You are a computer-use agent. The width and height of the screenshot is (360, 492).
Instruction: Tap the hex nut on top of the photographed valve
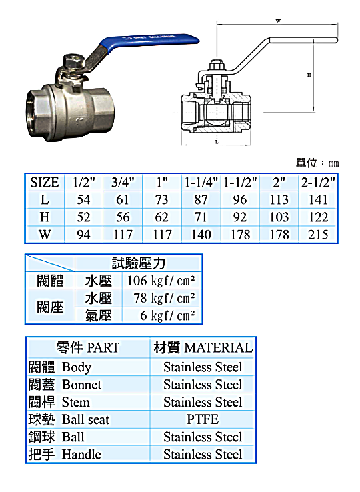71,61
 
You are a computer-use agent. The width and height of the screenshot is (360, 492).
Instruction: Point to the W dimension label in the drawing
278,21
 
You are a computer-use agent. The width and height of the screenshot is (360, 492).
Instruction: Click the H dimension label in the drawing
309,75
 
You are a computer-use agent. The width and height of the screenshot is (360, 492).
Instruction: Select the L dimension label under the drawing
217,142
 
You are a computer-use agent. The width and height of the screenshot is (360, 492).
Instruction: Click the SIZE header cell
44,183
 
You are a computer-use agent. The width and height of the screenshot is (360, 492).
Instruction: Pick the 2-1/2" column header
318,182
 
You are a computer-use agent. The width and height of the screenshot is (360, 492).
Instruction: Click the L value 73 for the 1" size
162,199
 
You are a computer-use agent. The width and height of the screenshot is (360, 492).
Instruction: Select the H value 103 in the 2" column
279,217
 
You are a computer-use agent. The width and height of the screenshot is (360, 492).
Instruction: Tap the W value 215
318,235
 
